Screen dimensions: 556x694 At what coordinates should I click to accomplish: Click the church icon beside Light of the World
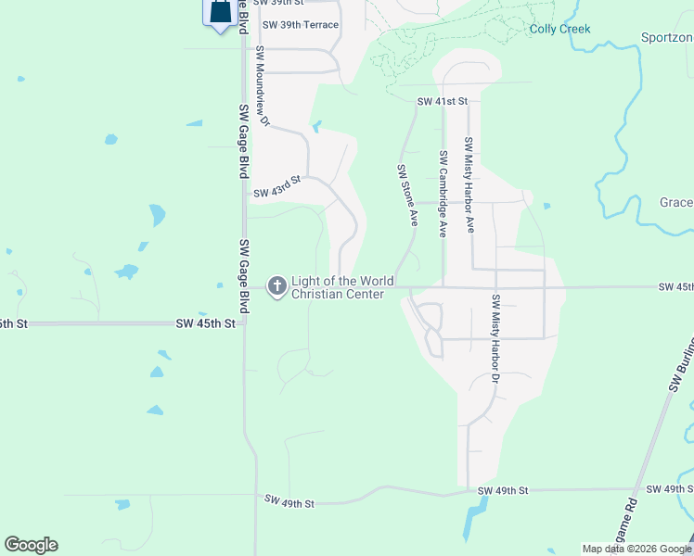[276, 287]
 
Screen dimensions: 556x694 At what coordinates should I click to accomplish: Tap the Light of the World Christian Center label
[342, 287]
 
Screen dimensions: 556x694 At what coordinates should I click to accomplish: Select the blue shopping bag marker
[220, 12]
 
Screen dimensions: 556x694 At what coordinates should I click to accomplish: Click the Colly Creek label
[559, 30]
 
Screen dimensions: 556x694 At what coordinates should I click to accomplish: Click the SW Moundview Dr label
[262, 86]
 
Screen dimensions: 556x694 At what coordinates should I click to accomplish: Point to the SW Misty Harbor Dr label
[495, 339]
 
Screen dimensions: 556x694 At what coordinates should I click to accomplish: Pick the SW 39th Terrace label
[301, 25]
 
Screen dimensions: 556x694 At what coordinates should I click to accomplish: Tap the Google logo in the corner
[31, 545]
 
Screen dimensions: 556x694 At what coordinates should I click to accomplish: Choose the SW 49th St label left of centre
[289, 502]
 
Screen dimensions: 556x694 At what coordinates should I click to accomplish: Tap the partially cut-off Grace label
[676, 203]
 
